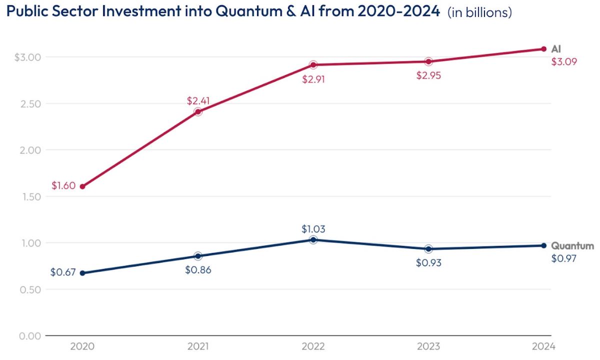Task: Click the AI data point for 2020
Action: [x=82, y=186]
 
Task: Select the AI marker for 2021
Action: [x=198, y=111]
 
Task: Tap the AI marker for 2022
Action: [x=313, y=65]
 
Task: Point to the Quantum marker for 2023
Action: [x=428, y=249]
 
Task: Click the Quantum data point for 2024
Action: [x=543, y=245]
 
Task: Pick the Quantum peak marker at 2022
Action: [x=313, y=240]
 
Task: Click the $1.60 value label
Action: [x=63, y=185]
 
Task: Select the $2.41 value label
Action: [x=198, y=100]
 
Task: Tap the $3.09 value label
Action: [x=564, y=62]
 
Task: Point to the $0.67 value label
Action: [x=62, y=272]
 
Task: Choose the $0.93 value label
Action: [x=428, y=262]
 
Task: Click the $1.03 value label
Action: [x=313, y=228]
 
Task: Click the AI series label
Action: [x=556, y=49]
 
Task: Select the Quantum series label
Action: [x=572, y=246]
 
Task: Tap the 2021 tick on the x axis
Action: [x=198, y=346]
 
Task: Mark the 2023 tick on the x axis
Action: [x=428, y=346]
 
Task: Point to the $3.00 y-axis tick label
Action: [x=27, y=57]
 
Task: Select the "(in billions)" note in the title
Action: [x=479, y=13]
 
